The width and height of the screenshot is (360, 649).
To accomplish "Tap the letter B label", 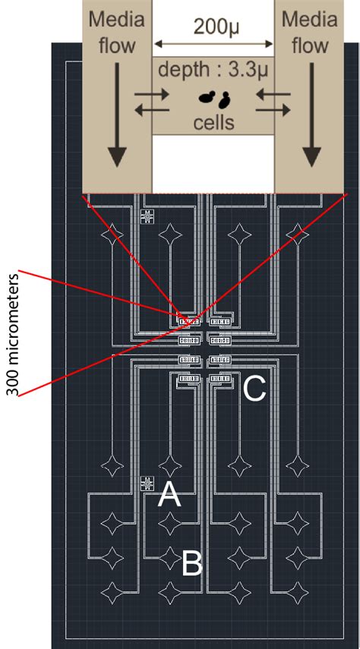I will [191, 563].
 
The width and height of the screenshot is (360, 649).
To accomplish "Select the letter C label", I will [254, 389].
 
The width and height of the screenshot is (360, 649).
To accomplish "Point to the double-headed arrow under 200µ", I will [213, 45].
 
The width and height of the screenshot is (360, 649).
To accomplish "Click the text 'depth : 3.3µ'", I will [213, 71].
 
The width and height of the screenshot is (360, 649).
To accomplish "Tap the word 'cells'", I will [214, 120].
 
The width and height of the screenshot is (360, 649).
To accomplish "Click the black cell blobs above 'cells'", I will [215, 97].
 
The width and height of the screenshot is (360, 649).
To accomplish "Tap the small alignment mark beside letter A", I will [147, 483].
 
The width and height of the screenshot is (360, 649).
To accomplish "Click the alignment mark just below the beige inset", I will [147, 217].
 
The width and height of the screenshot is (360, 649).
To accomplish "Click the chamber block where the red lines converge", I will [187, 320].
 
